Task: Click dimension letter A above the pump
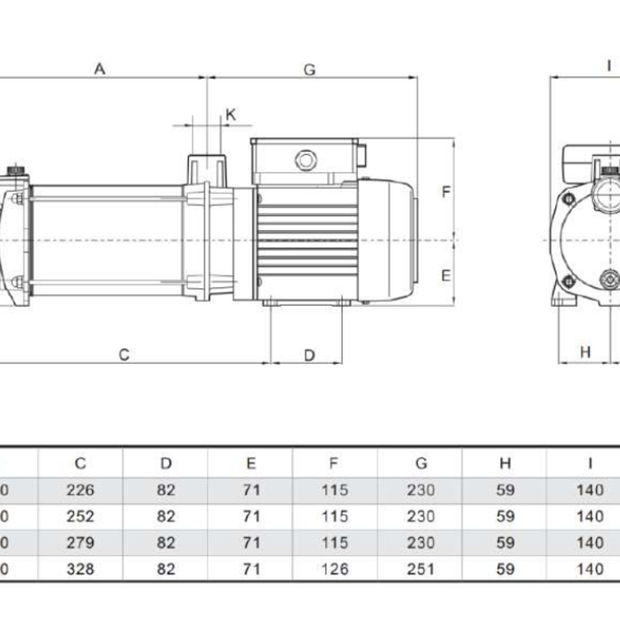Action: point(100,69)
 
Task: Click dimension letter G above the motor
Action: point(309,70)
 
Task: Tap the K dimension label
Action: point(231,115)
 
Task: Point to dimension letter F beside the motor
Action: point(446,192)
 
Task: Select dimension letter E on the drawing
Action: point(446,276)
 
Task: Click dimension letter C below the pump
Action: point(124,355)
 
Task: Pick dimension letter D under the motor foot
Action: point(309,355)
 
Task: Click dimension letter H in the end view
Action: point(585,352)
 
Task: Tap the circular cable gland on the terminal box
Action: point(305,160)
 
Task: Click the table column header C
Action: point(80,463)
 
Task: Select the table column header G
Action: point(421,463)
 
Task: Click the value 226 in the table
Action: point(80,490)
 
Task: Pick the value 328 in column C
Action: point(80,569)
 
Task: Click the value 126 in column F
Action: point(334,569)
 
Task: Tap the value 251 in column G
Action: point(421,569)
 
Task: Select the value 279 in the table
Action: point(80,542)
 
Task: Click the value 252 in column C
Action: point(80,516)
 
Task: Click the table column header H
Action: point(505,463)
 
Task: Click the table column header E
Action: point(251,463)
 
